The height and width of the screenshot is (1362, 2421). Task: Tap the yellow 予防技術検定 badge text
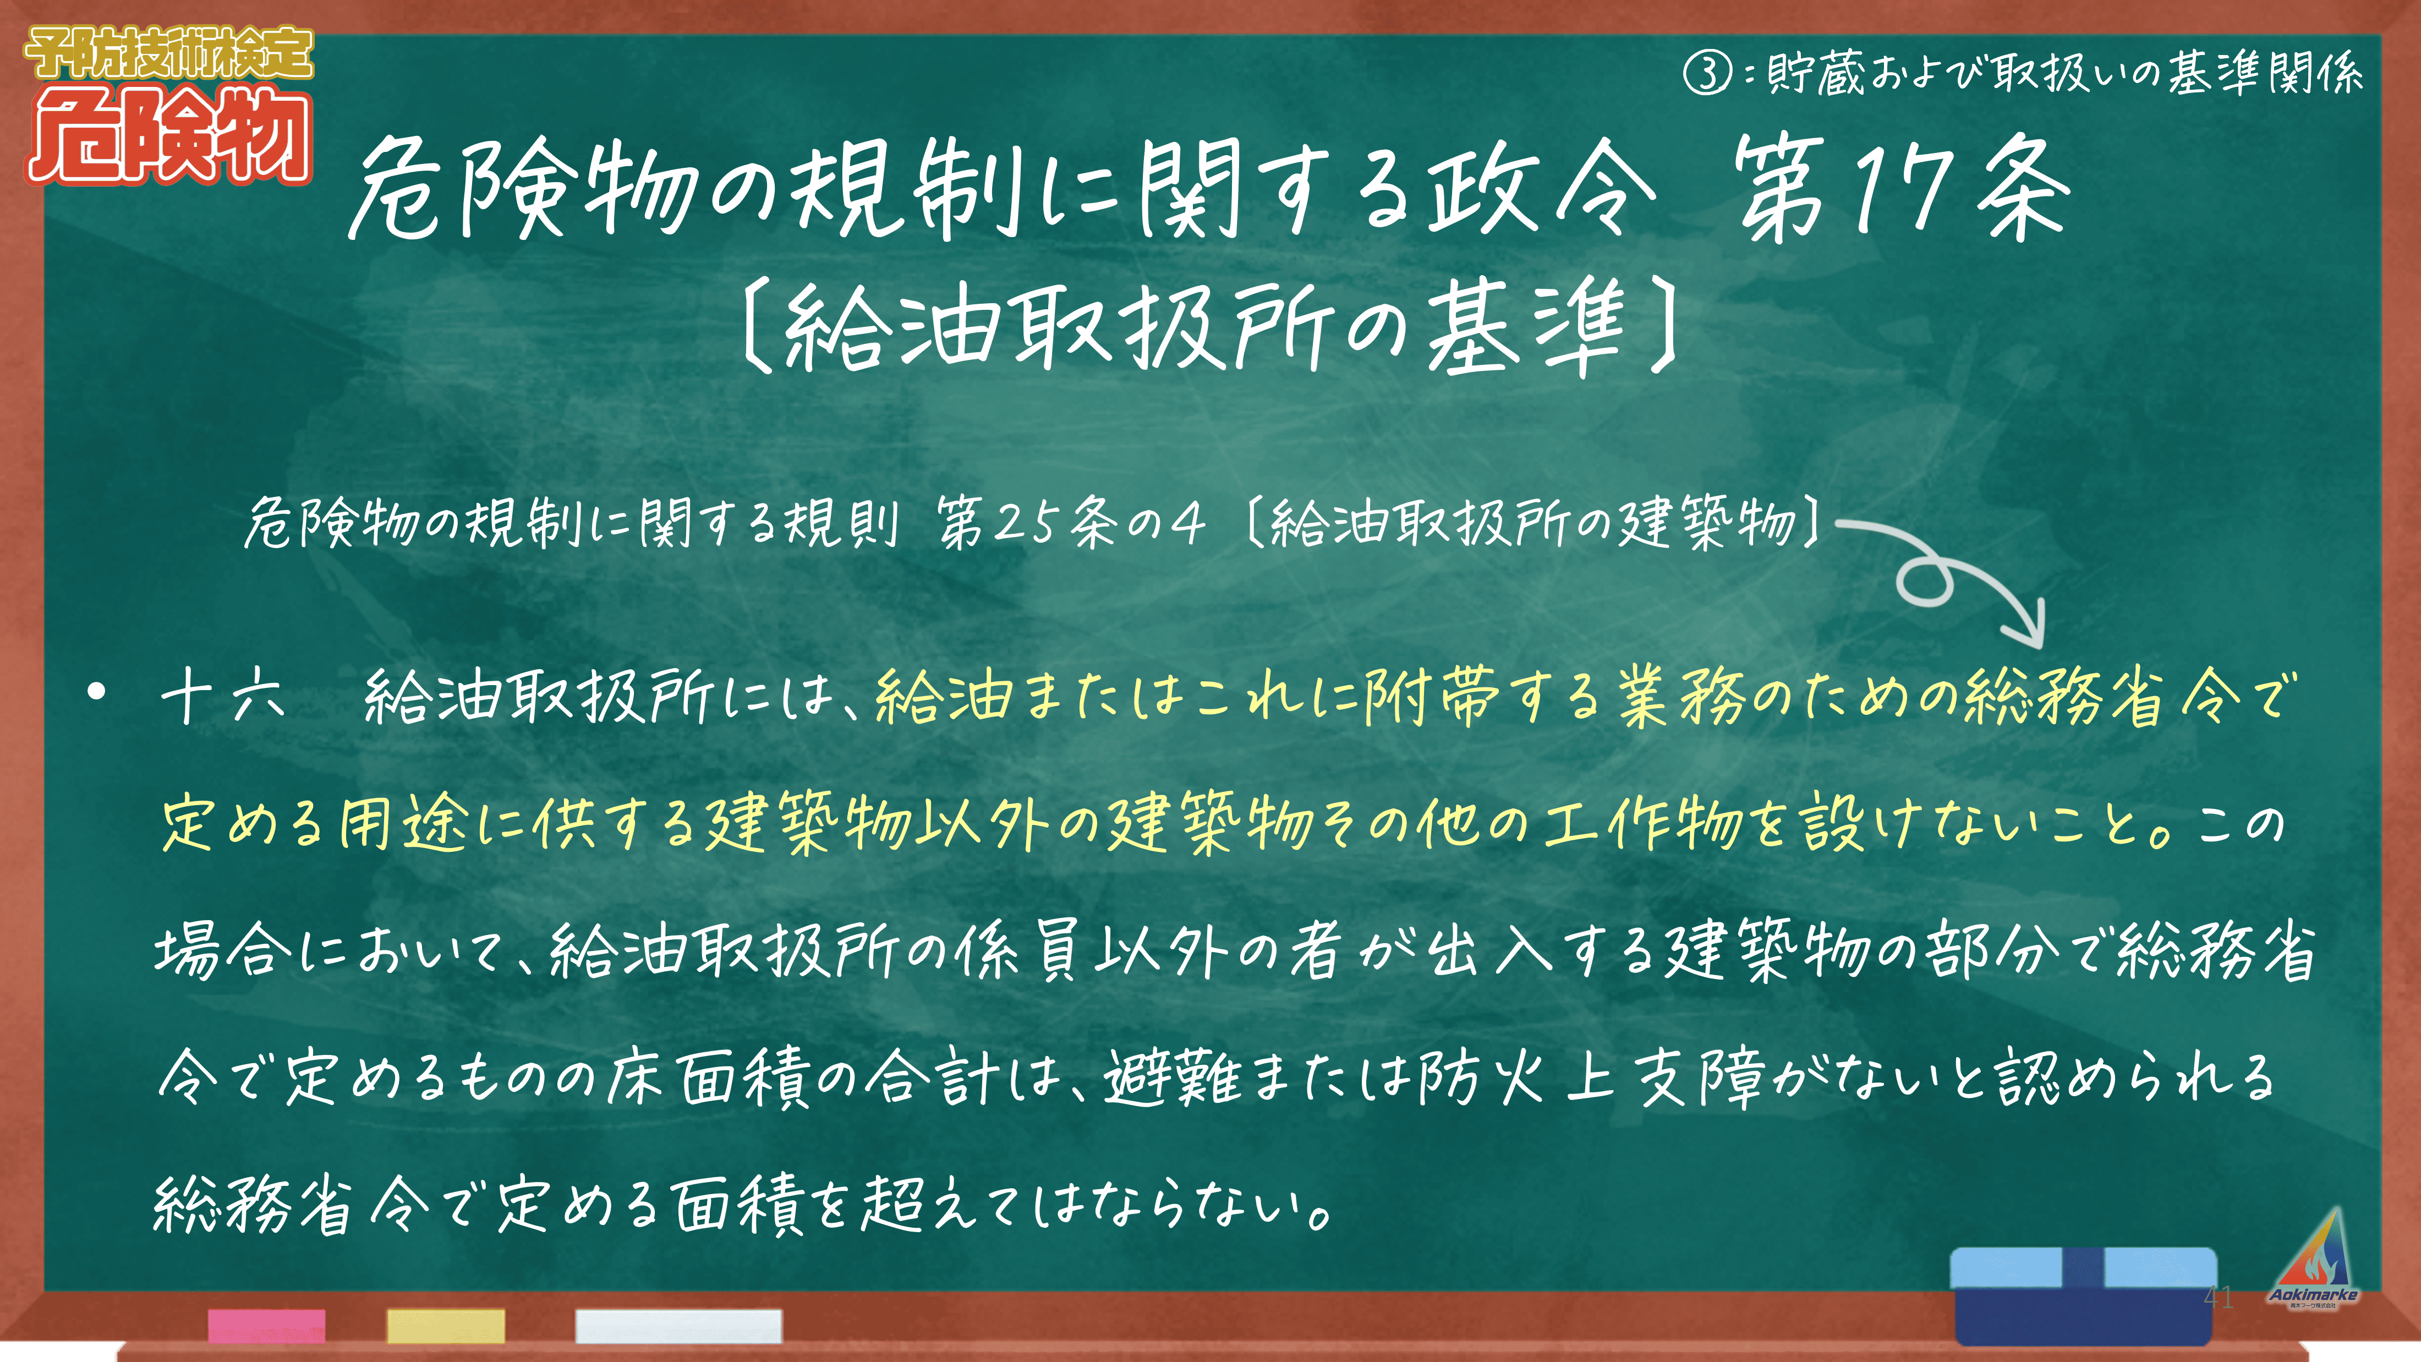click(169, 53)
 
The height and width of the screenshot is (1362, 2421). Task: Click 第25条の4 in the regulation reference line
click(1071, 523)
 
